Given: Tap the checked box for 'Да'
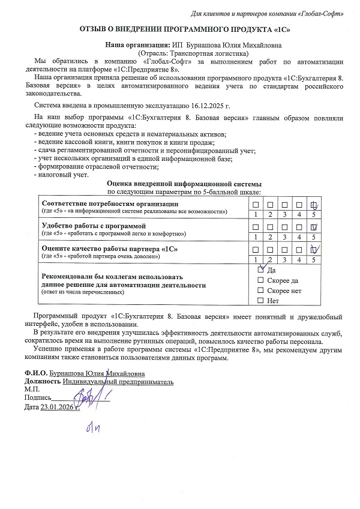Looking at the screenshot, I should (260, 270).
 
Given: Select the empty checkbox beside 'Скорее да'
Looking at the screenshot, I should (260, 280).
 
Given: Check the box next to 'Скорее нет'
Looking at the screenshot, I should (260, 291).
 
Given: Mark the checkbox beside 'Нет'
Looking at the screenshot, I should (260, 300).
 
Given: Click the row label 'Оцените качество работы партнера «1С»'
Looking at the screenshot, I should (110, 248).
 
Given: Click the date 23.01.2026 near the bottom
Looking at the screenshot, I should (59, 407).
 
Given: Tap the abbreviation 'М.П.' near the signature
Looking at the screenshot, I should (32, 389).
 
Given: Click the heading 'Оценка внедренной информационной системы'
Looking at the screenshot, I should (184, 184).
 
